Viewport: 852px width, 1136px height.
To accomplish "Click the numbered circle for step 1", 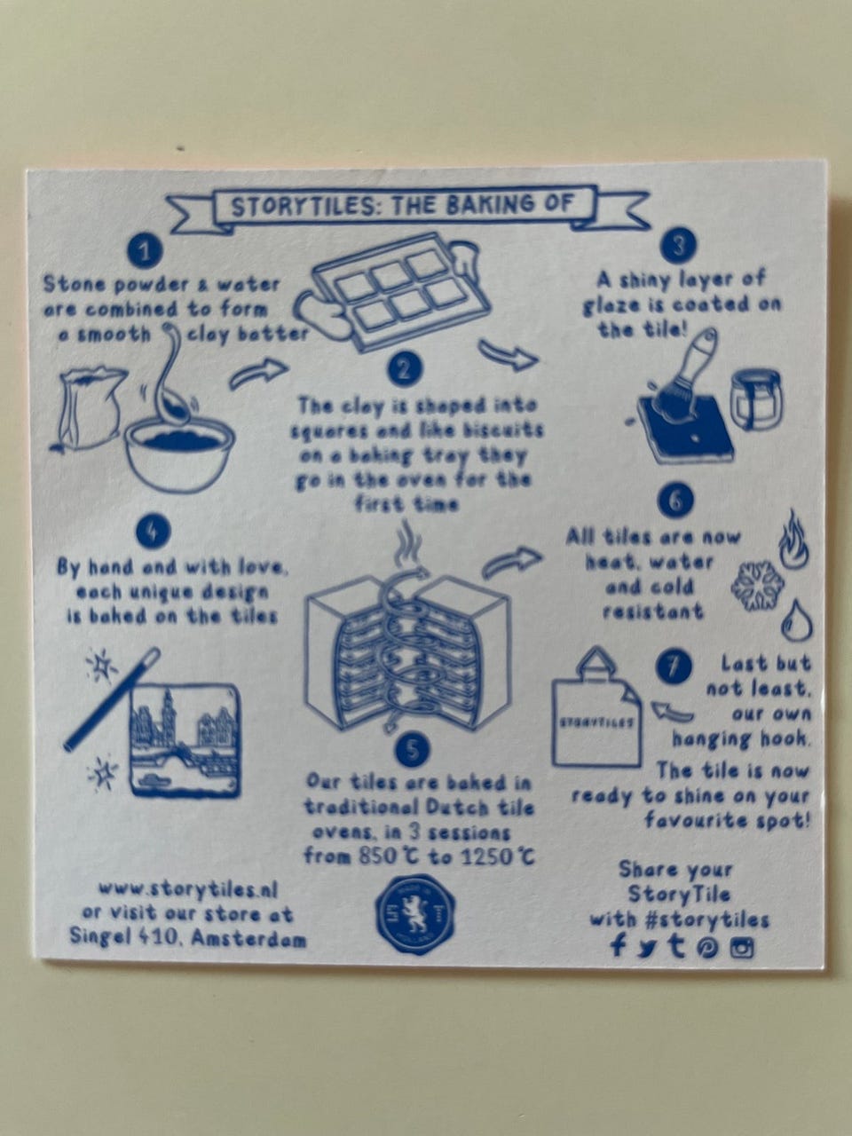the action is [x=145, y=251].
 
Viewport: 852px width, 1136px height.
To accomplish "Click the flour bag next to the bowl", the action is [x=89, y=409].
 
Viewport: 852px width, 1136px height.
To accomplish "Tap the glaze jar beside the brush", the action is [x=756, y=399].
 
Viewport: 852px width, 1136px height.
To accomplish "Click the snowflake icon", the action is [x=757, y=585].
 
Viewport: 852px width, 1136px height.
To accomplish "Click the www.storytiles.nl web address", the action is [x=188, y=890].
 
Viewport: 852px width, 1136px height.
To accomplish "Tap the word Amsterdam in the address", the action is [x=248, y=939].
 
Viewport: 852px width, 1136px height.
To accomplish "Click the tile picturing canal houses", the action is [x=184, y=740].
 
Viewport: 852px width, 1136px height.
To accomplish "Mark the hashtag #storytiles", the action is [x=706, y=919].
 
